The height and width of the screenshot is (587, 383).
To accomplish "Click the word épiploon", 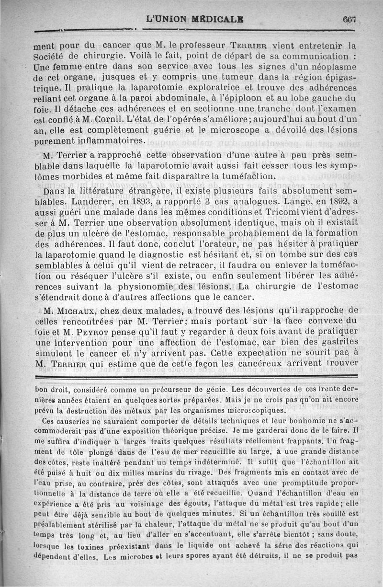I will [256, 98].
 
